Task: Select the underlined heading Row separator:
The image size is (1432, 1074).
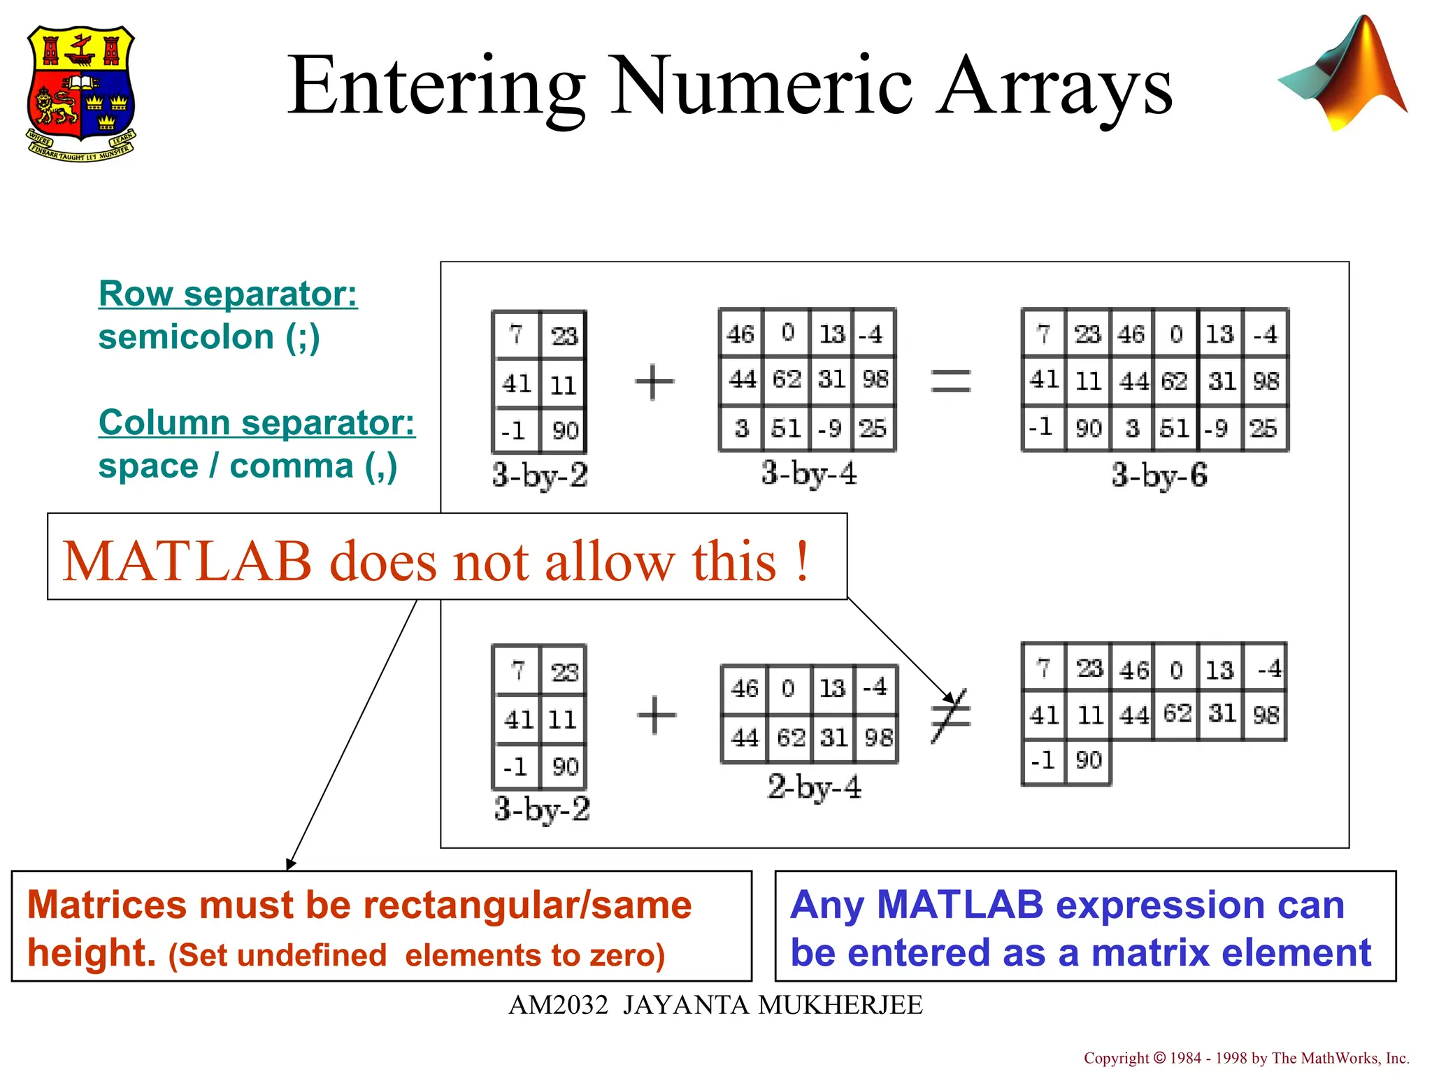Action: [228, 294]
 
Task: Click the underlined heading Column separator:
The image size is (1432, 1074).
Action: [257, 422]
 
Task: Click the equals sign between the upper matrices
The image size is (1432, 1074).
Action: [951, 381]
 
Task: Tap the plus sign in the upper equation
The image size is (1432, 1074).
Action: [654, 382]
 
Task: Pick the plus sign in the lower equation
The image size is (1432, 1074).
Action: [657, 715]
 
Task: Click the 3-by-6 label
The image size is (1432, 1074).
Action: [1159, 475]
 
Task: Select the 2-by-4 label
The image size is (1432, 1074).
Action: [814, 787]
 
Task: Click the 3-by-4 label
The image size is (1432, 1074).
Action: [809, 473]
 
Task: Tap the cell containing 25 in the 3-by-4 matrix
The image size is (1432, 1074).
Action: [873, 428]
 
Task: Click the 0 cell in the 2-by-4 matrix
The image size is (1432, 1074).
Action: [788, 689]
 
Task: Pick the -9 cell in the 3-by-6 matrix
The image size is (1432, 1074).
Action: [1217, 428]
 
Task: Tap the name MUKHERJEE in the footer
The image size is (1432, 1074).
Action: [840, 1005]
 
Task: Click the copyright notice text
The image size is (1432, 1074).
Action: [1246, 1058]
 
